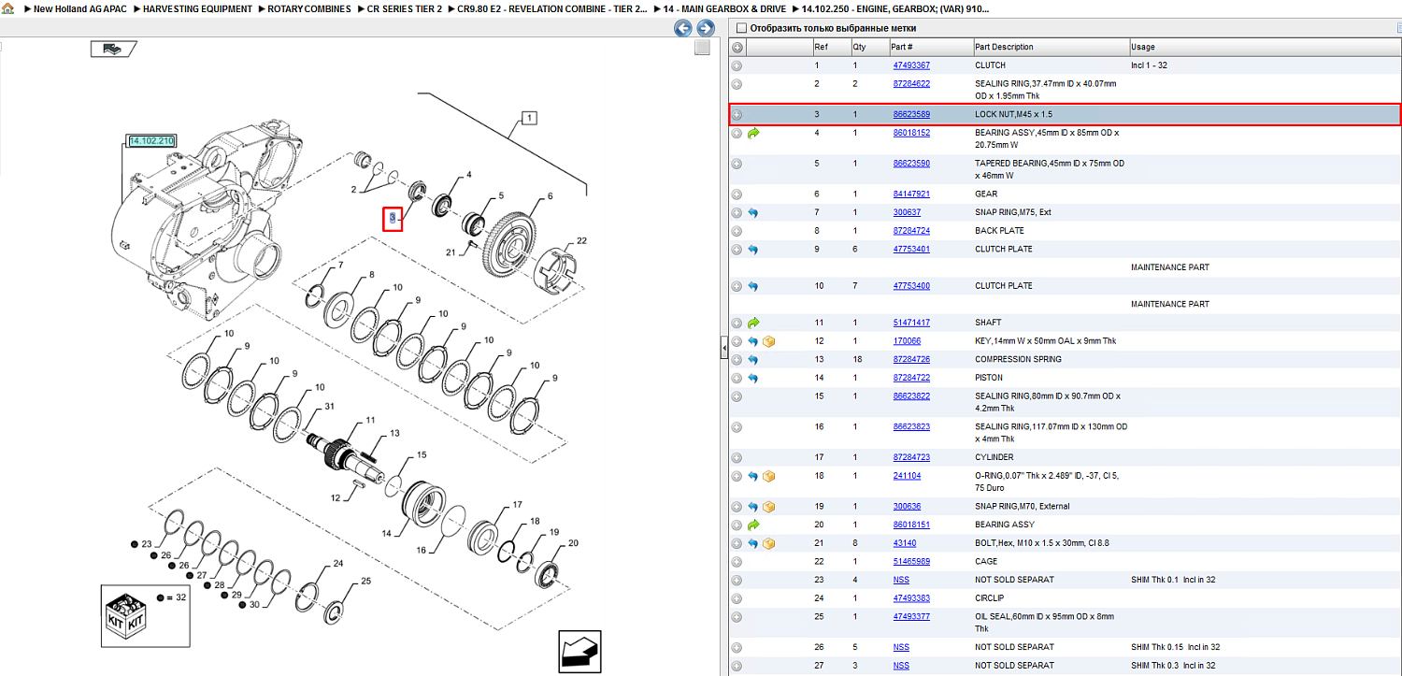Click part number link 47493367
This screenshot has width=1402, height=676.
911,65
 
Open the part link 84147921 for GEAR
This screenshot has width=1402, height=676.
911,194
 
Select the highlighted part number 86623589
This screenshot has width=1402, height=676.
911,115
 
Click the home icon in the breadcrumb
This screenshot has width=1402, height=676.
7,8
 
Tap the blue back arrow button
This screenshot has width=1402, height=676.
683,28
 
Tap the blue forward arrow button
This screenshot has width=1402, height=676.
706,28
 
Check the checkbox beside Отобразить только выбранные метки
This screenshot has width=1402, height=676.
742,28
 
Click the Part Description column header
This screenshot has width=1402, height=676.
1003,47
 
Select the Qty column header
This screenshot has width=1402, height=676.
859,47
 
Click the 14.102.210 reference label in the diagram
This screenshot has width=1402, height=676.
151,141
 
